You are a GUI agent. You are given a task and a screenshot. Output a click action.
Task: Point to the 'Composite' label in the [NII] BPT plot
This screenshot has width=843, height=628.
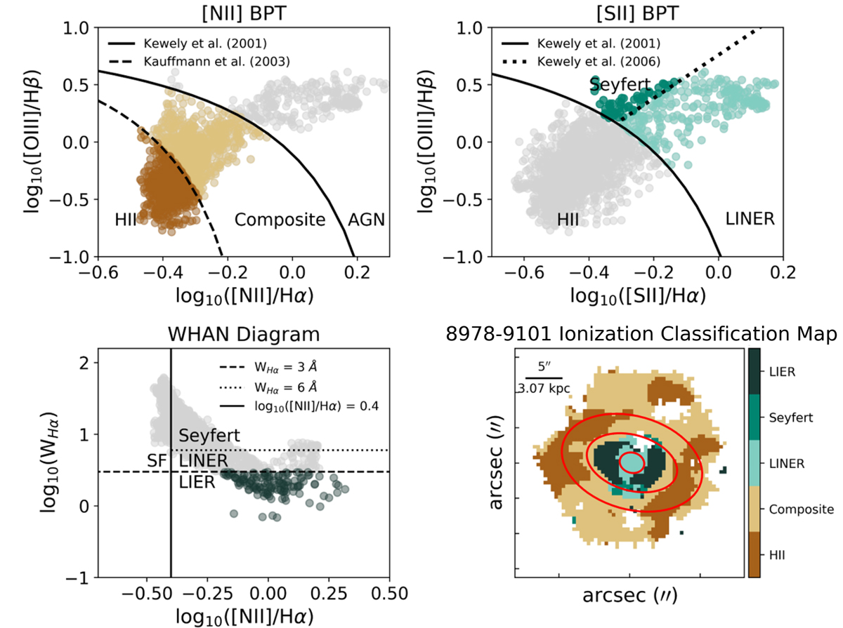tap(280, 220)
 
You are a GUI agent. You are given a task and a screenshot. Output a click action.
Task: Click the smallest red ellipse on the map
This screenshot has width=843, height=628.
tap(630, 462)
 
